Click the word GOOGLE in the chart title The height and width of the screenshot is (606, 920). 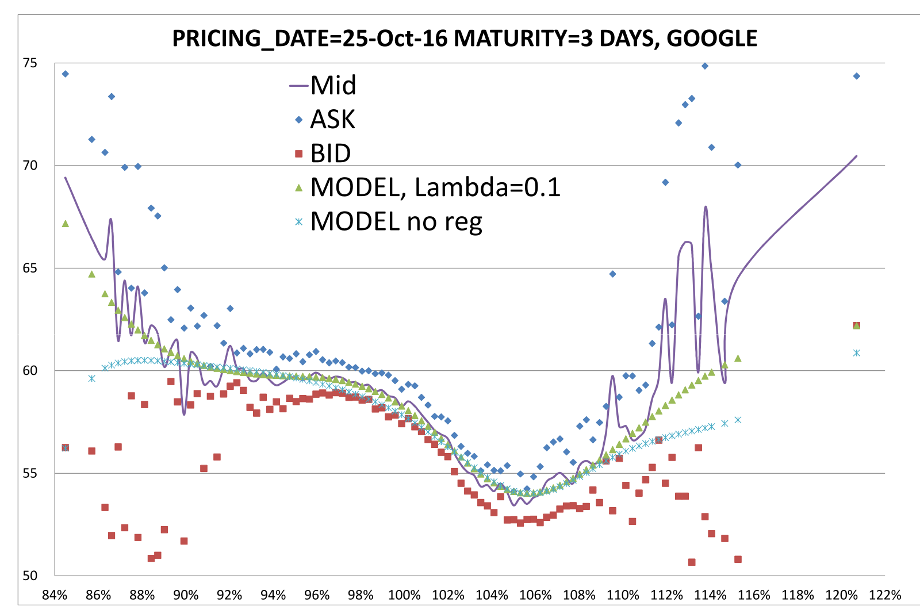tap(712, 39)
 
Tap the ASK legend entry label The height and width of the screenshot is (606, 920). tap(332, 120)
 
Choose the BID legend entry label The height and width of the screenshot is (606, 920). tap(331, 154)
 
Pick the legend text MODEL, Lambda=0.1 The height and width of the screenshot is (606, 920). tap(436, 187)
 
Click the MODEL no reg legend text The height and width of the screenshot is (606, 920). tap(396, 222)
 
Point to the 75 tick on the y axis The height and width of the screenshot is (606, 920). tap(30, 63)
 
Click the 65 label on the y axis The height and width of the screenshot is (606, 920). tap(30, 268)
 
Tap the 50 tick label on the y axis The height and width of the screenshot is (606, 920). tap(30, 576)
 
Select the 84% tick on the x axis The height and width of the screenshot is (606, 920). tap(55, 595)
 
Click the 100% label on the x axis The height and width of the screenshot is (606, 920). tap(405, 595)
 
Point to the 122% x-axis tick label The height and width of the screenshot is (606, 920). tap(885, 595)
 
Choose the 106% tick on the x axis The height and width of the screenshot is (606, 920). tap(535, 595)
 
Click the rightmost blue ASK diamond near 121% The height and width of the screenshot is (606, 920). tap(857, 76)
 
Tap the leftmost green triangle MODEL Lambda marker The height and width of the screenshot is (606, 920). tap(66, 224)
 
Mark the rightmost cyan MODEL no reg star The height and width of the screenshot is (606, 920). tap(857, 353)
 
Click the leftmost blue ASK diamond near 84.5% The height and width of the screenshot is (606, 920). tap(66, 74)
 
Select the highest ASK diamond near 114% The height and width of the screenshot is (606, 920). tap(705, 66)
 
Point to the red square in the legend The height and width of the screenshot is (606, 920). tap(298, 154)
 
